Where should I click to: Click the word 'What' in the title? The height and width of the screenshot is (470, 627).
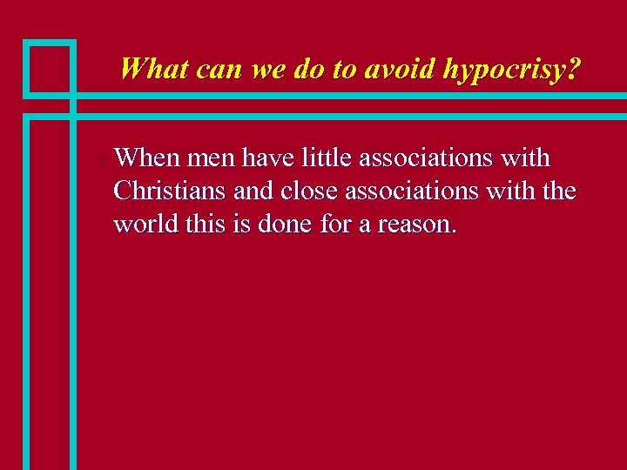[154, 69]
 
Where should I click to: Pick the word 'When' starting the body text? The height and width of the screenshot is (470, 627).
[145, 158]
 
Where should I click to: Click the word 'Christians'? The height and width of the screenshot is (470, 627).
[170, 191]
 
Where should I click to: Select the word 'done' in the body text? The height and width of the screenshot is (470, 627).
[282, 224]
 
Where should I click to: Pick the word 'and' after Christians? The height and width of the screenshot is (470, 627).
[252, 191]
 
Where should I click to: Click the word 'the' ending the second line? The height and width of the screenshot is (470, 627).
[558, 191]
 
